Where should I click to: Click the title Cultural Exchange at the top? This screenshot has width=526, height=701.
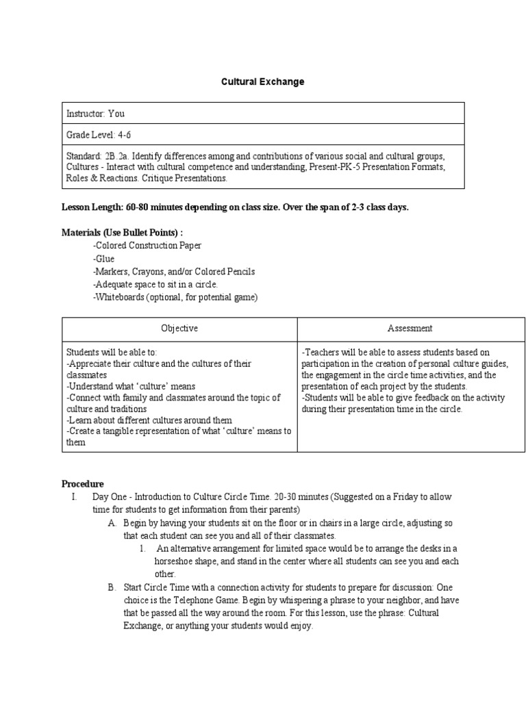[x=262, y=81]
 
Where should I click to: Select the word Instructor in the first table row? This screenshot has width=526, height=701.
[x=86, y=114]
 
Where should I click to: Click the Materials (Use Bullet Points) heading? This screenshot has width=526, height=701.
[x=123, y=232]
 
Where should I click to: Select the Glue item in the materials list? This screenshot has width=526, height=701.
[x=104, y=259]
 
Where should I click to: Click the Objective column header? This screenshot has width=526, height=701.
[x=179, y=329]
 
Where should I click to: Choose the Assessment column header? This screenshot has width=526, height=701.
[x=410, y=329]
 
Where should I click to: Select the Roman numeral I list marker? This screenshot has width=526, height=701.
[x=73, y=496]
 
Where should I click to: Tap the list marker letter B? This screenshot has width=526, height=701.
[x=111, y=587]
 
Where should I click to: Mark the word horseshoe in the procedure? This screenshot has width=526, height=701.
[x=174, y=561]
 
